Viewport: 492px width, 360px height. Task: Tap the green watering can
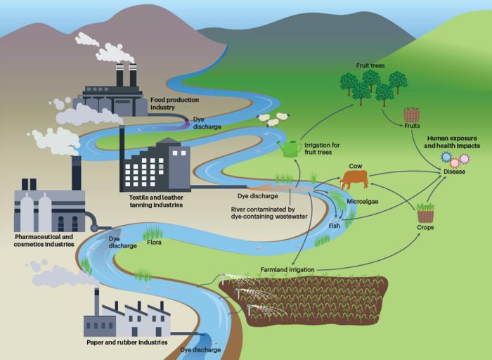(x=290, y=148)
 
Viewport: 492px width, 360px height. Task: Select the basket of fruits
(x=411, y=113)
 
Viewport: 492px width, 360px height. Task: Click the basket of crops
(x=425, y=212)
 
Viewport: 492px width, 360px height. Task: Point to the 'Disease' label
(x=454, y=172)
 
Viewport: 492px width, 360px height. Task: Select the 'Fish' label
(x=335, y=226)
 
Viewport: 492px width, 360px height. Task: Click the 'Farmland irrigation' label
(x=287, y=269)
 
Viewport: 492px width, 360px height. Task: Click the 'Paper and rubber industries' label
(x=127, y=342)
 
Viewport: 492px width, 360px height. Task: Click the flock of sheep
(x=272, y=120)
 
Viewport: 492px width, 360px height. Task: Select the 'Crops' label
(x=425, y=228)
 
